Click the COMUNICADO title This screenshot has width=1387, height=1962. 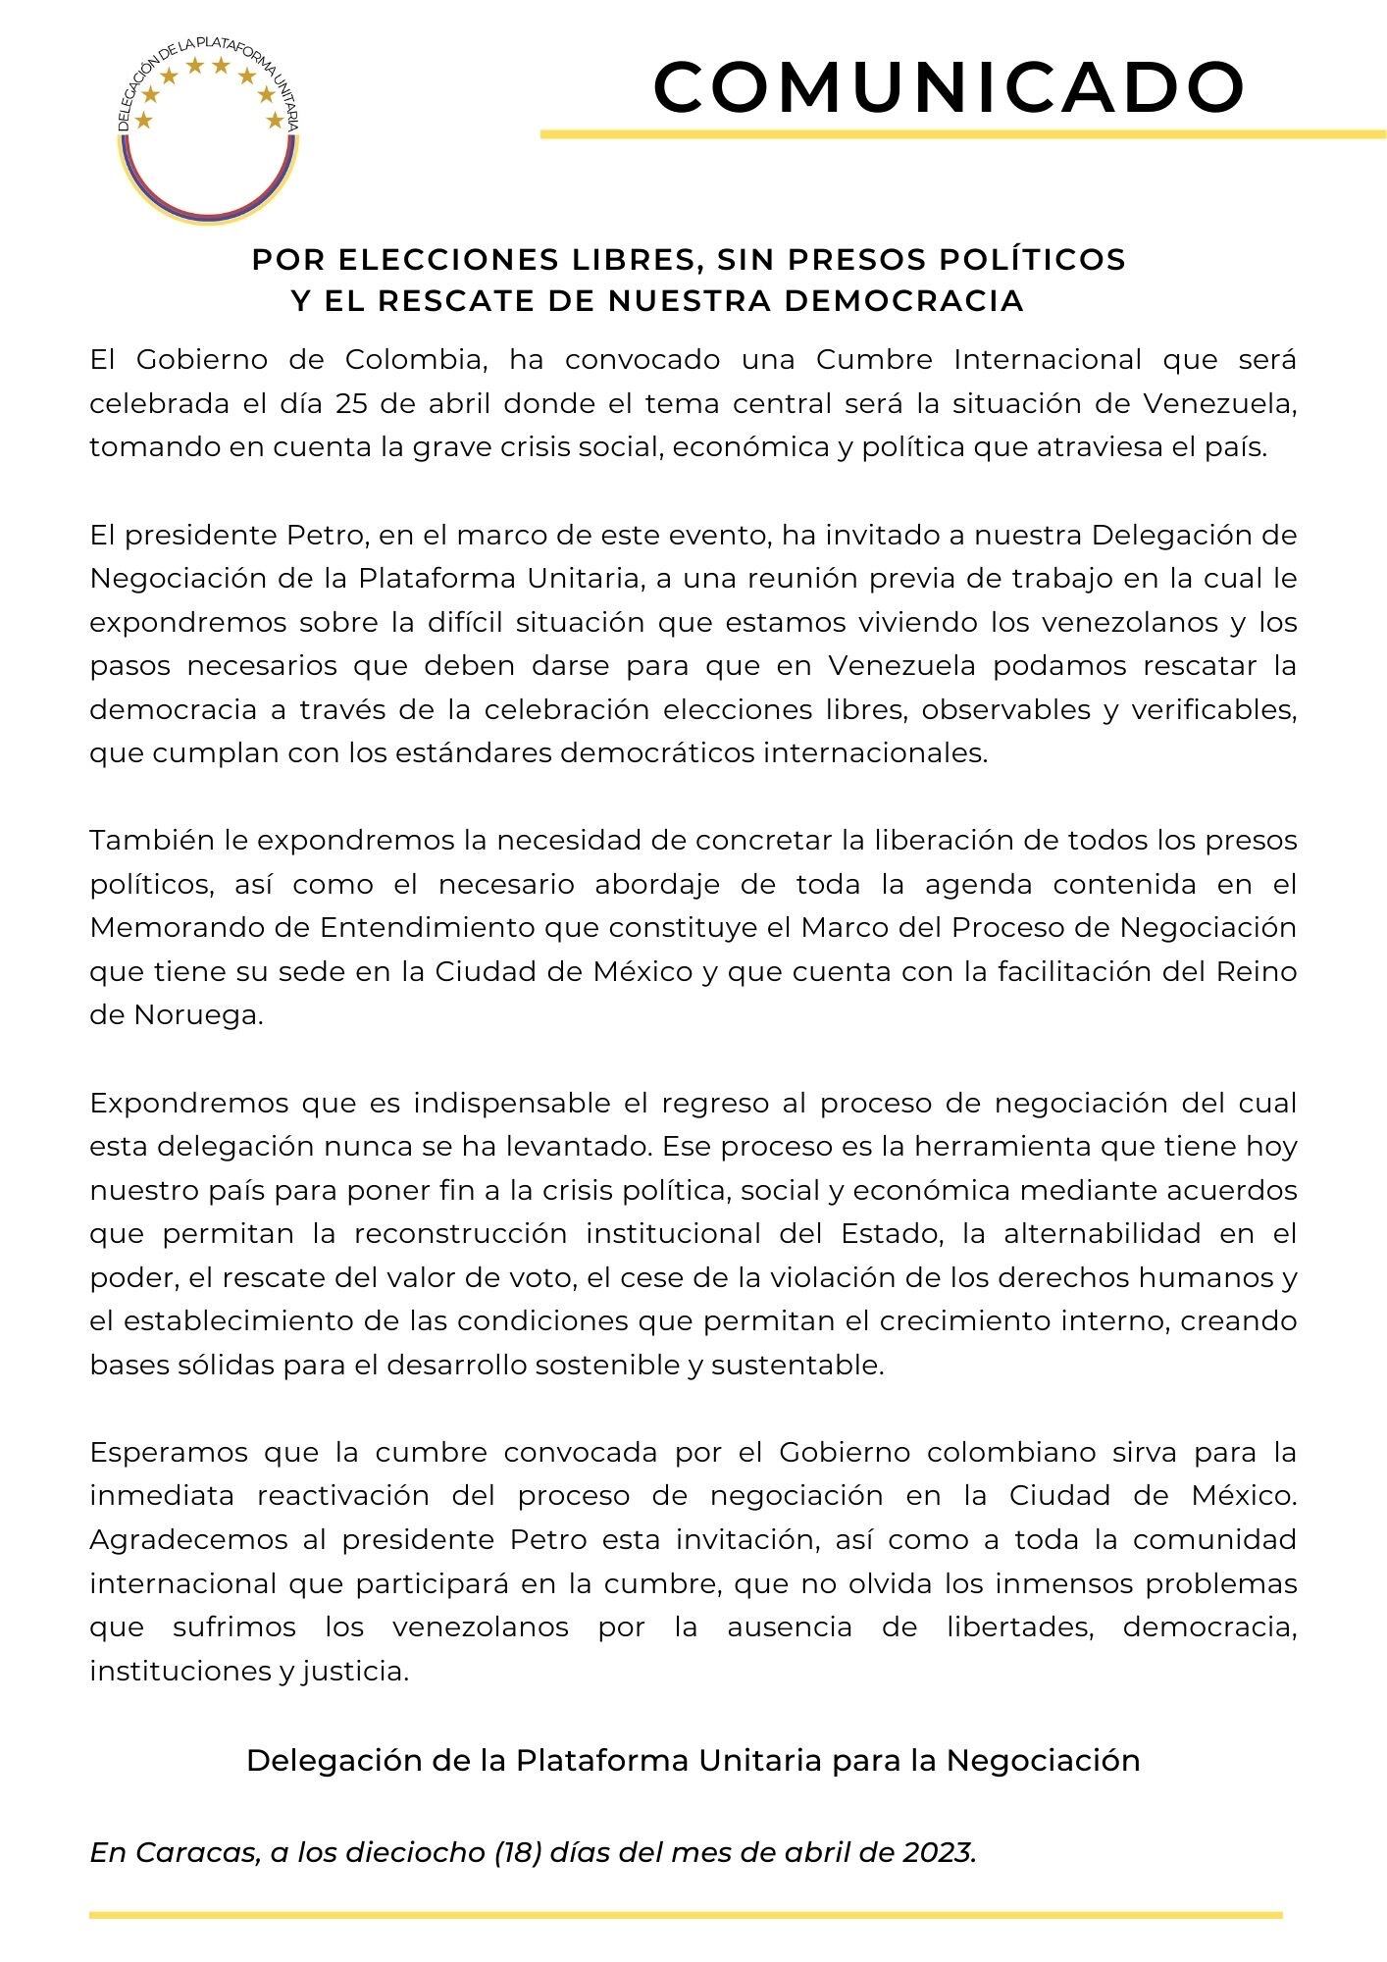pos(949,86)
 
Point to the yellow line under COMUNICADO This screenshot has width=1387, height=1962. pos(961,134)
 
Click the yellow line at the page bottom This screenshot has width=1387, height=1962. pos(686,1914)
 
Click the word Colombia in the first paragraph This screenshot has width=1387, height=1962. pos(416,360)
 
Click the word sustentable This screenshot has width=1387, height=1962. pos(797,1365)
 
